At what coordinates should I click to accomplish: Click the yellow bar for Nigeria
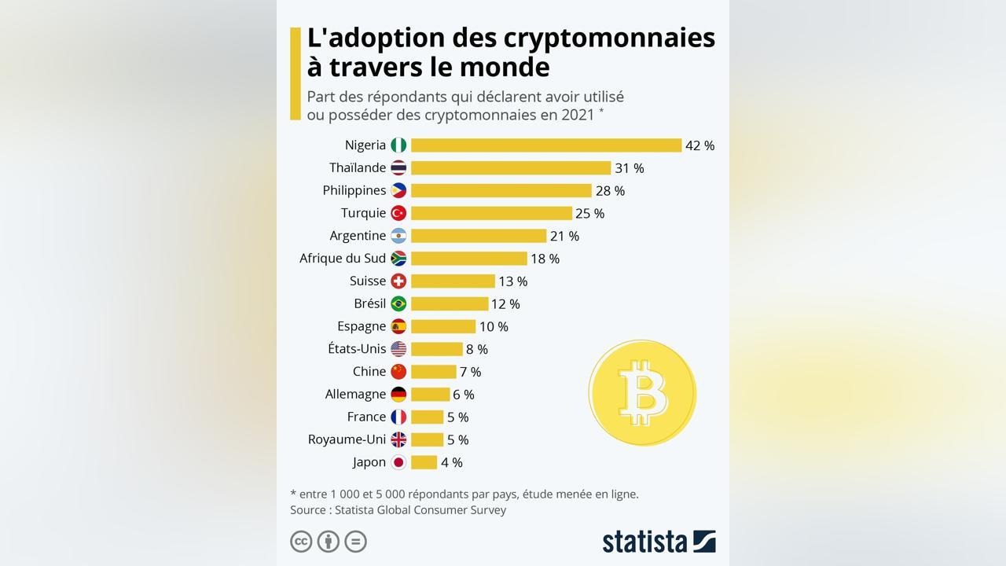[545, 145]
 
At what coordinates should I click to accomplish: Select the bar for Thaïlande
[510, 168]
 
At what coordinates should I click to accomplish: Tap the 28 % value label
[610, 191]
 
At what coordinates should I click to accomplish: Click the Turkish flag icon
[398, 213]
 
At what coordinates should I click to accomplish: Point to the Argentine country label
[358, 236]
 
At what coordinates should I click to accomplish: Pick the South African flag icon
[398, 259]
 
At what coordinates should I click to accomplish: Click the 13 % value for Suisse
[512, 281]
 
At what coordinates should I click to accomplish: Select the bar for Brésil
[450, 304]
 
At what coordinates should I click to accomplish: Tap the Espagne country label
[362, 326]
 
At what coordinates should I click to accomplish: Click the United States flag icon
[398, 349]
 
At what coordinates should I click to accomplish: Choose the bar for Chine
[433, 372]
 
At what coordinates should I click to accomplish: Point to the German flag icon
[398, 395]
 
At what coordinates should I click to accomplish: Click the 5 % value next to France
[457, 417]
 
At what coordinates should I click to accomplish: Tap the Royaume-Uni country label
[347, 439]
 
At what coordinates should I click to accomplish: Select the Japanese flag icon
[398, 462]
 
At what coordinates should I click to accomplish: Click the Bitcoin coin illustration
[642, 392]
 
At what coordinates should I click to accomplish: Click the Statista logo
[659, 542]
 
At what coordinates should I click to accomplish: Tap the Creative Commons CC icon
[301, 542]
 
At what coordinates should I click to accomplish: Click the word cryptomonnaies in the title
[608, 38]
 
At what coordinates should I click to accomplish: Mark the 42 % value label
[699, 145]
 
